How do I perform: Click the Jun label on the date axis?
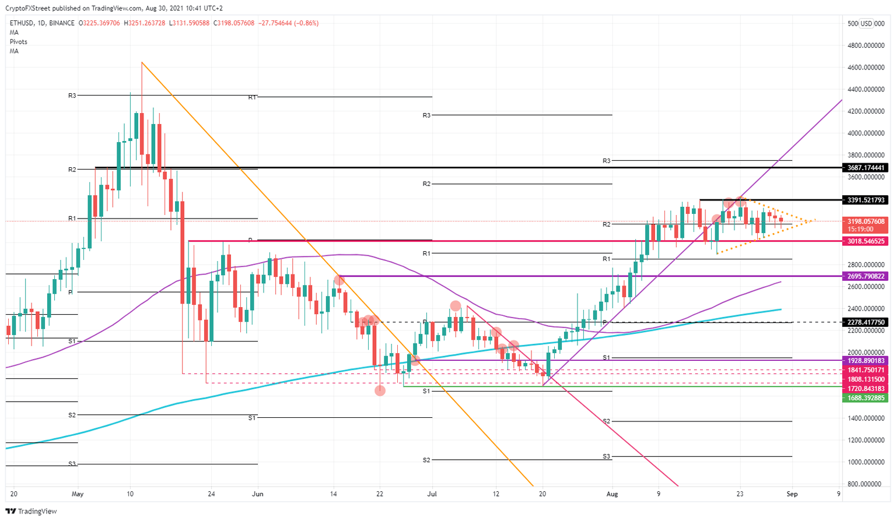pyautogui.click(x=258, y=494)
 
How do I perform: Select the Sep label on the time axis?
pyautogui.click(x=792, y=494)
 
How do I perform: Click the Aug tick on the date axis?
pyautogui.click(x=612, y=494)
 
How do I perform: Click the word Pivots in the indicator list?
pyautogui.click(x=18, y=42)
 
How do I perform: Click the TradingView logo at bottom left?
pyautogui.click(x=32, y=511)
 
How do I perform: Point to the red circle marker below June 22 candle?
pyautogui.click(x=380, y=390)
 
